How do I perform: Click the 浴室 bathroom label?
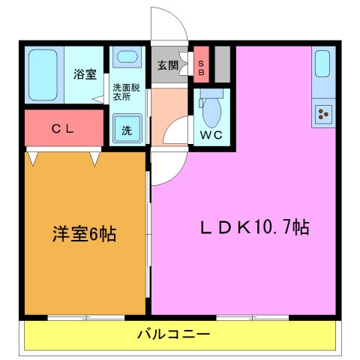[85, 74]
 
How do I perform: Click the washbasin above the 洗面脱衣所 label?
[127, 57]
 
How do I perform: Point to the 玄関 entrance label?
[168, 65]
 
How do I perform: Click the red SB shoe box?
[201, 65]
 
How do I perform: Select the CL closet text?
[62, 129]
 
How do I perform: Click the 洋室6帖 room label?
[83, 234]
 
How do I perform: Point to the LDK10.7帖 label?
[253, 226]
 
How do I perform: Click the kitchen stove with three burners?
[324, 114]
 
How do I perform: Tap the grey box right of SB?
[221, 64]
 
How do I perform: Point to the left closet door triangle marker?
[33, 157]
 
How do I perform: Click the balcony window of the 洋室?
[86, 318]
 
